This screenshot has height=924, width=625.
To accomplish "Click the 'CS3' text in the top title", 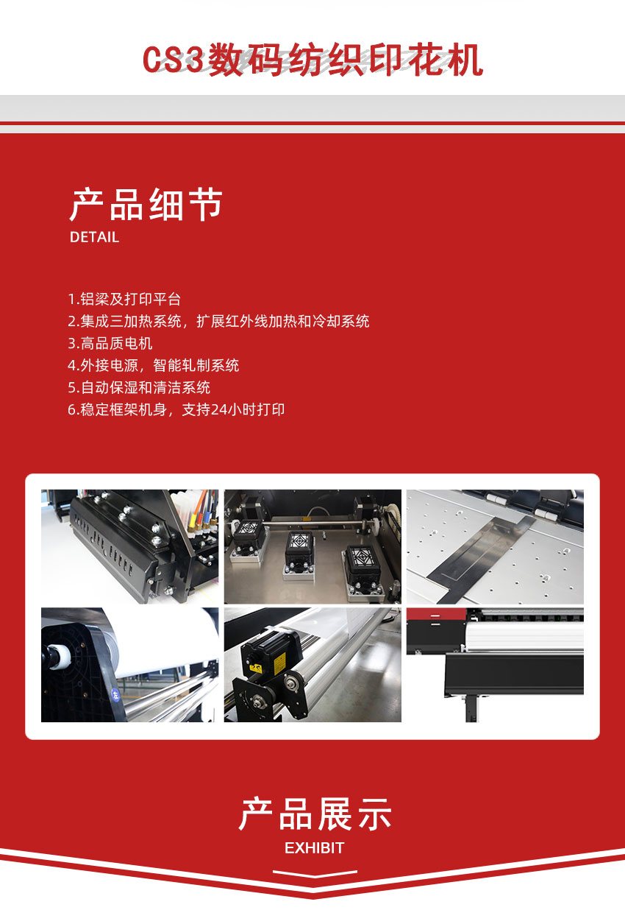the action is click(174, 60).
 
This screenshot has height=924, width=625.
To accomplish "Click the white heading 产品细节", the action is click(146, 205).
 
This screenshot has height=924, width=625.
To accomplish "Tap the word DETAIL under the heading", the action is click(94, 237).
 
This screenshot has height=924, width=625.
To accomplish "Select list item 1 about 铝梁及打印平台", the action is click(124, 300).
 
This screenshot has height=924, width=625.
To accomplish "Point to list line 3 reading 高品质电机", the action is click(110, 344).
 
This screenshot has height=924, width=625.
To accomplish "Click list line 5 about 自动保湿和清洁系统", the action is click(139, 388).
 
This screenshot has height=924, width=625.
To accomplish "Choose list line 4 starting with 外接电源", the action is click(153, 366).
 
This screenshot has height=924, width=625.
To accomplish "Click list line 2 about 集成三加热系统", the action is click(218, 322).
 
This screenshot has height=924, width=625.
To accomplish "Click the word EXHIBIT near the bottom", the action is click(314, 848).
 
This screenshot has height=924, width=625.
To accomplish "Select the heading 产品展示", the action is click(315, 814).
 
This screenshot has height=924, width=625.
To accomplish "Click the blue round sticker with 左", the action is click(115, 694).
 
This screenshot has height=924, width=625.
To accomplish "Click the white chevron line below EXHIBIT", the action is click(315, 874).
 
